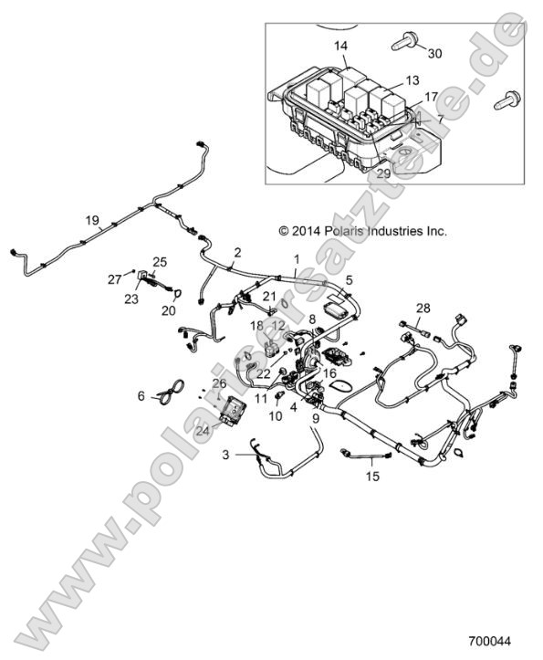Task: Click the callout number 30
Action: pyautogui.click(x=434, y=54)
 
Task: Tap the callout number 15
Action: pyautogui.click(x=371, y=475)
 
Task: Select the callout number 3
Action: pyautogui.click(x=225, y=454)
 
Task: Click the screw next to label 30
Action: pyautogui.click(x=404, y=41)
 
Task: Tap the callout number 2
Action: pyautogui.click(x=237, y=252)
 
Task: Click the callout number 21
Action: pyautogui.click(x=268, y=297)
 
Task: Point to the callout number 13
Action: pyautogui.click(x=412, y=80)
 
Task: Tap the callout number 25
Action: pyautogui.click(x=160, y=262)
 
